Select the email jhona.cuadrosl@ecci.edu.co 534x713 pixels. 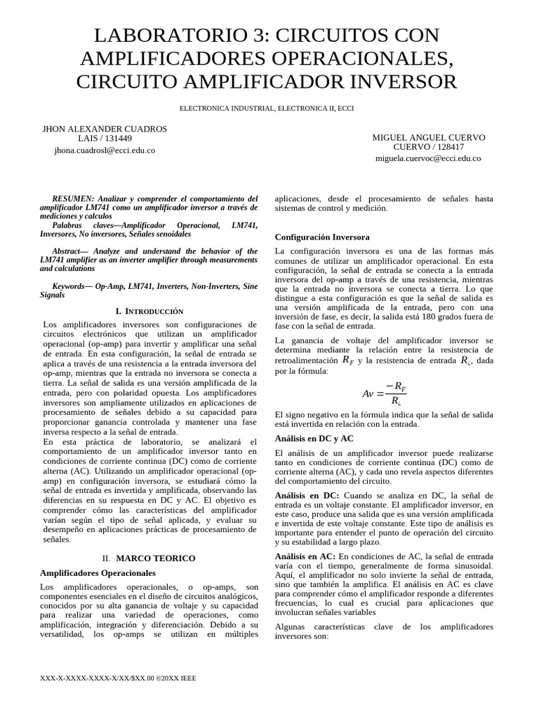pyautogui.click(x=105, y=150)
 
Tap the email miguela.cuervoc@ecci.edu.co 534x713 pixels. pyautogui.click(x=428, y=158)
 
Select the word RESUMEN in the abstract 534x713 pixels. pyautogui.click(x=72, y=198)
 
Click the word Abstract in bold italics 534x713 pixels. pyautogui.click(x=70, y=251)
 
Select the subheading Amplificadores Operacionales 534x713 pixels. pyautogui.click(x=98, y=573)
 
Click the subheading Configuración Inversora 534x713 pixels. pyautogui.click(x=323, y=237)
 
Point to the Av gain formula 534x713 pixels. pyautogui.click(x=382, y=393)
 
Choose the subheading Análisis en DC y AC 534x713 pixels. pyautogui.click(x=314, y=439)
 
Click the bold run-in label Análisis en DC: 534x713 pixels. pyautogui.click(x=307, y=495)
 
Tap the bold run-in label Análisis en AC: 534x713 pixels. pyautogui.click(x=305, y=556)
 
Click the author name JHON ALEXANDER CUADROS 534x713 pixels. pyautogui.click(x=105, y=129)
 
